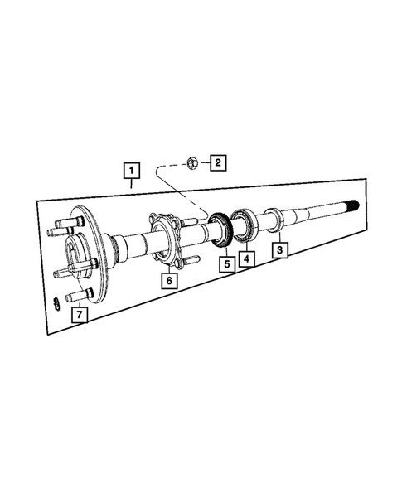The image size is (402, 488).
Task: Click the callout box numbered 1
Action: click(130, 171)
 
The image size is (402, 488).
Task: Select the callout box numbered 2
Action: click(216, 162)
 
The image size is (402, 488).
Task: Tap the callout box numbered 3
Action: click(280, 249)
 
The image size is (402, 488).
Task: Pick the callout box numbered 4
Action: click(246, 258)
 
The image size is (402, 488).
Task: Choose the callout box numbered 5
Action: click(224, 265)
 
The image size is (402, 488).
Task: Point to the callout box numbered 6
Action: click(168, 280)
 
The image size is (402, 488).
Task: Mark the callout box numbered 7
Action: click(78, 314)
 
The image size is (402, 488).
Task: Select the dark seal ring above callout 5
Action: click(221, 230)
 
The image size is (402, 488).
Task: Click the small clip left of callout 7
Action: click(55, 301)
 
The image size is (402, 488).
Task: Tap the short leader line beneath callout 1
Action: click(130, 185)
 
